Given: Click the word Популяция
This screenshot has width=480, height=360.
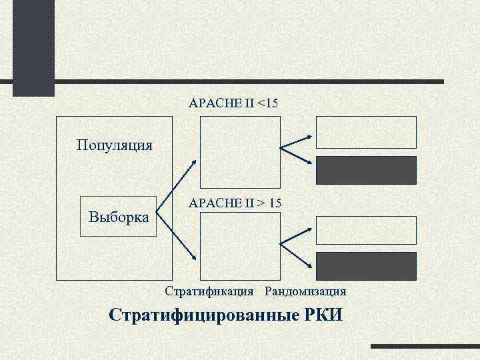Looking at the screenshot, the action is point(114,145).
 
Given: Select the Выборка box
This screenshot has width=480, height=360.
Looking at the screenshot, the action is point(118,217).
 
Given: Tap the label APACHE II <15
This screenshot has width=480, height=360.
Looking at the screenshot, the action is point(234,103).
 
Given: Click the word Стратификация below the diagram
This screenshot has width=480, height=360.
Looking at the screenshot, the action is point(209,291).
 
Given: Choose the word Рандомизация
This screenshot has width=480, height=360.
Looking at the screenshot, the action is point(305,291).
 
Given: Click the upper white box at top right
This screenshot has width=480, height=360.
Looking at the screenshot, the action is point(366,132).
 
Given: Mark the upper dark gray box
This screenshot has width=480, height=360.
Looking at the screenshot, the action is point(366,170).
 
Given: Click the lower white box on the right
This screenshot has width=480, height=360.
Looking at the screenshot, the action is point(366,230).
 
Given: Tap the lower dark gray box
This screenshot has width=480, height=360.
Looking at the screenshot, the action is point(366,266).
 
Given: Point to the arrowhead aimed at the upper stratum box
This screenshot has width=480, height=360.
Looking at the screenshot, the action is point(194,162).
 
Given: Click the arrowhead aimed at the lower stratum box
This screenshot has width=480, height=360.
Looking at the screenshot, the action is point(194,258).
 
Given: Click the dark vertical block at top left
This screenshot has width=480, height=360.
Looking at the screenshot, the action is point(33,47).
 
